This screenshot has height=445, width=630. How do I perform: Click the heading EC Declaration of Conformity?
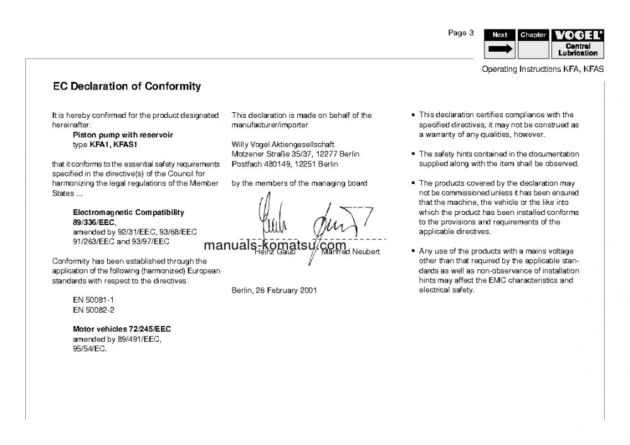click(127, 86)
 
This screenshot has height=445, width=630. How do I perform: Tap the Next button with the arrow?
click(500, 44)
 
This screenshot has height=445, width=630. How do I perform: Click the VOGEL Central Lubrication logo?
click(578, 44)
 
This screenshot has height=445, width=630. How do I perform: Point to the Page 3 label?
click(461, 33)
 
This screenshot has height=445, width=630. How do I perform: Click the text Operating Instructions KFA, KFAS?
click(542, 69)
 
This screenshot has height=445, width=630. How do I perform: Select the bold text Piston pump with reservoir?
click(123, 135)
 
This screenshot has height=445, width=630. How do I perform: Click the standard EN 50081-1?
click(94, 300)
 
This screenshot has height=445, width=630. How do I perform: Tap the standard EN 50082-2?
click(94, 310)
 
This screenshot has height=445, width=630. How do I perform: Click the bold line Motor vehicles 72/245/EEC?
click(122, 329)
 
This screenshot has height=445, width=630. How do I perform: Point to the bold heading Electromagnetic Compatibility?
click(129, 212)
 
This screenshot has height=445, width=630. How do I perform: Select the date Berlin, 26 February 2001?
click(274, 291)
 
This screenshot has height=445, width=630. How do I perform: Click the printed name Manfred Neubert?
click(350, 252)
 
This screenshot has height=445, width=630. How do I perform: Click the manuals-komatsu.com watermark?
click(275, 245)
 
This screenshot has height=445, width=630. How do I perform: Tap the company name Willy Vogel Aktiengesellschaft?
click(283, 144)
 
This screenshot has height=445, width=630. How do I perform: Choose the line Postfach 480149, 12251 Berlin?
click(285, 164)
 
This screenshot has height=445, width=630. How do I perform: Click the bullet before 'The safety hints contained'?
click(413, 154)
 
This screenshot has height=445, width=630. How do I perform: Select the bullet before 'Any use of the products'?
click(413, 251)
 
